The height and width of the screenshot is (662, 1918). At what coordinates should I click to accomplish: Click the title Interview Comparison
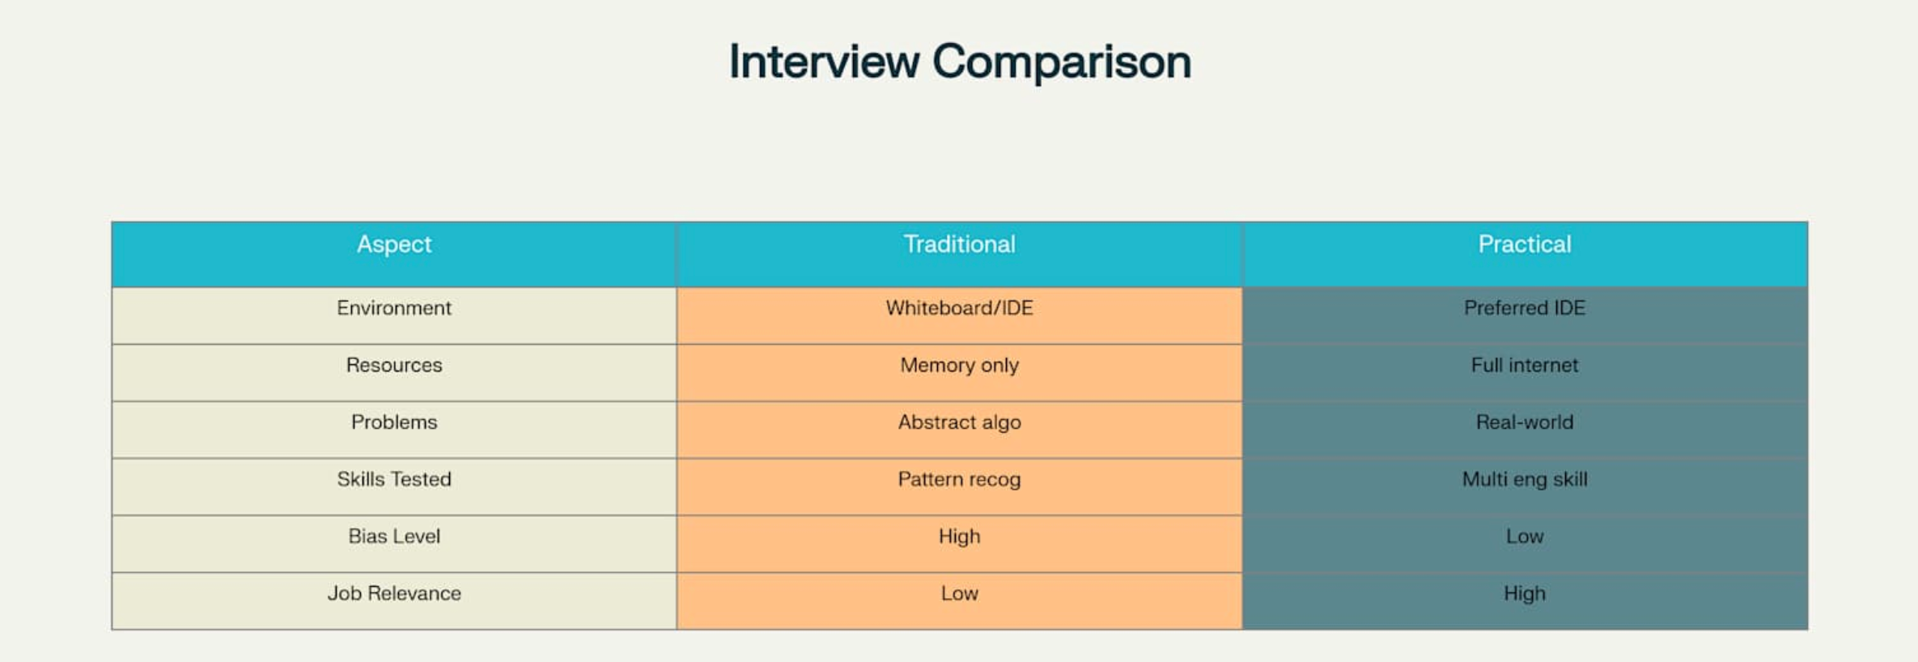960,62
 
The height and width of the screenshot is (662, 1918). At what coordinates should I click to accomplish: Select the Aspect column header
394,244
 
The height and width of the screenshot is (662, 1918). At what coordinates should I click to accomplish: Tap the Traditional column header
960,244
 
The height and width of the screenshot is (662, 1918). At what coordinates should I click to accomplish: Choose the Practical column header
1525,244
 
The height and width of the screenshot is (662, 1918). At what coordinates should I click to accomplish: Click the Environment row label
394,308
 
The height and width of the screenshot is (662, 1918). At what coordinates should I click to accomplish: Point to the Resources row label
394,365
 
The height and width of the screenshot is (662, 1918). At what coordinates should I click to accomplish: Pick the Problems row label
394,422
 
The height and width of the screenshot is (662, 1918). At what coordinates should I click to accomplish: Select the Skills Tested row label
394,479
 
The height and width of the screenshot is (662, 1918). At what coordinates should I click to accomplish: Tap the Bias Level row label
394,537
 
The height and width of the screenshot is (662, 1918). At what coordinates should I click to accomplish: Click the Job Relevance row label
394,593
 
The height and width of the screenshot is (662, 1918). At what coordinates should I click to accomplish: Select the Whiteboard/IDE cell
960,308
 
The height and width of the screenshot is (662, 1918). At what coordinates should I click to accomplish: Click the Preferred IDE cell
1525,308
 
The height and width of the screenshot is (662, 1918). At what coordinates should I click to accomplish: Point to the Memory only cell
960,366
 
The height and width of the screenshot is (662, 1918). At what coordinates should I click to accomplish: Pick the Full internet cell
1525,365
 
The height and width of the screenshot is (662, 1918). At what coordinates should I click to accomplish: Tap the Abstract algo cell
960,422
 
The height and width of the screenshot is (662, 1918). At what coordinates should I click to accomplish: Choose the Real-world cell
1525,422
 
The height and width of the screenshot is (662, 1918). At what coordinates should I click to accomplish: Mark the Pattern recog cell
960,480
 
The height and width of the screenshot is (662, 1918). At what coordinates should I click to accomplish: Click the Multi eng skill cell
1525,480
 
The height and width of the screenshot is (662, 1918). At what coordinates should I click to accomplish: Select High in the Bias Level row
960,537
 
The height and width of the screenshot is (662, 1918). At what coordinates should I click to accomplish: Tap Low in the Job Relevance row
960,593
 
